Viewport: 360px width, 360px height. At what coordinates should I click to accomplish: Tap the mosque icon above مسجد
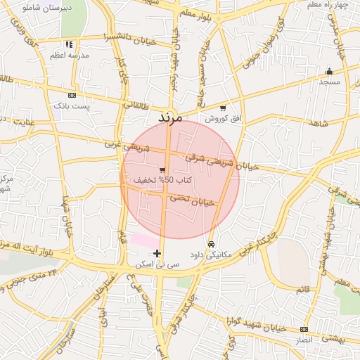click(329, 71)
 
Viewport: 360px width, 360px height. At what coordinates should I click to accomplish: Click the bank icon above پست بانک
click(72, 95)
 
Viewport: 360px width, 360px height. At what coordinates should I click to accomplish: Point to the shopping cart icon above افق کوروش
click(223, 108)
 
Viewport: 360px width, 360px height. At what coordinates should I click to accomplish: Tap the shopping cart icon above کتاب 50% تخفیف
click(162, 169)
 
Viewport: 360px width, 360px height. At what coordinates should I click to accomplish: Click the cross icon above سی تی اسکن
click(157, 253)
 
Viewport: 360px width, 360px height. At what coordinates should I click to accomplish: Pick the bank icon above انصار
click(304, 329)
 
